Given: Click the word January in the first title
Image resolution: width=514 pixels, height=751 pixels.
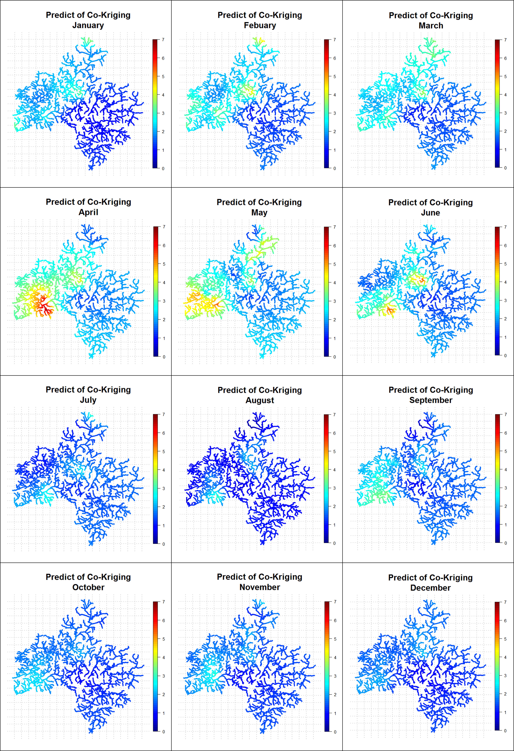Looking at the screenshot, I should (88, 26).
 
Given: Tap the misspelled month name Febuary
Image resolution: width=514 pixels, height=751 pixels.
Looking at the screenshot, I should (260, 26).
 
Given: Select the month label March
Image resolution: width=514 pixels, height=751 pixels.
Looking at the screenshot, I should (431, 26).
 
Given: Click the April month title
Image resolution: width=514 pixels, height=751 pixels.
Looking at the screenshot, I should (88, 212).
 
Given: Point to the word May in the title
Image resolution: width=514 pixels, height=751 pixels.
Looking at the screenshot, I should (259, 213).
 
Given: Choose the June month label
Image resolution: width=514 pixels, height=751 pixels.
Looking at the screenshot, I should (430, 213).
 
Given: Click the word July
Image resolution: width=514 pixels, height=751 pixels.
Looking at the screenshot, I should (88, 400).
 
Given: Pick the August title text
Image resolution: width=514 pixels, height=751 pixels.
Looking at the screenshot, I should (260, 400).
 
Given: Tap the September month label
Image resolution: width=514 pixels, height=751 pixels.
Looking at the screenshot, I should (431, 400).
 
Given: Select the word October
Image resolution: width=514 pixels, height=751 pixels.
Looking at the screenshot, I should (88, 587).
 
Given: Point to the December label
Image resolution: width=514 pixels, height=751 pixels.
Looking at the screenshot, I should (430, 588).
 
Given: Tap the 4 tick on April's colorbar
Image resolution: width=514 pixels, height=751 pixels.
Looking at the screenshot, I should (164, 282).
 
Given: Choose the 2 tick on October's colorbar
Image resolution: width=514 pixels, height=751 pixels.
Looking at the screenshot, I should (163, 694).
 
